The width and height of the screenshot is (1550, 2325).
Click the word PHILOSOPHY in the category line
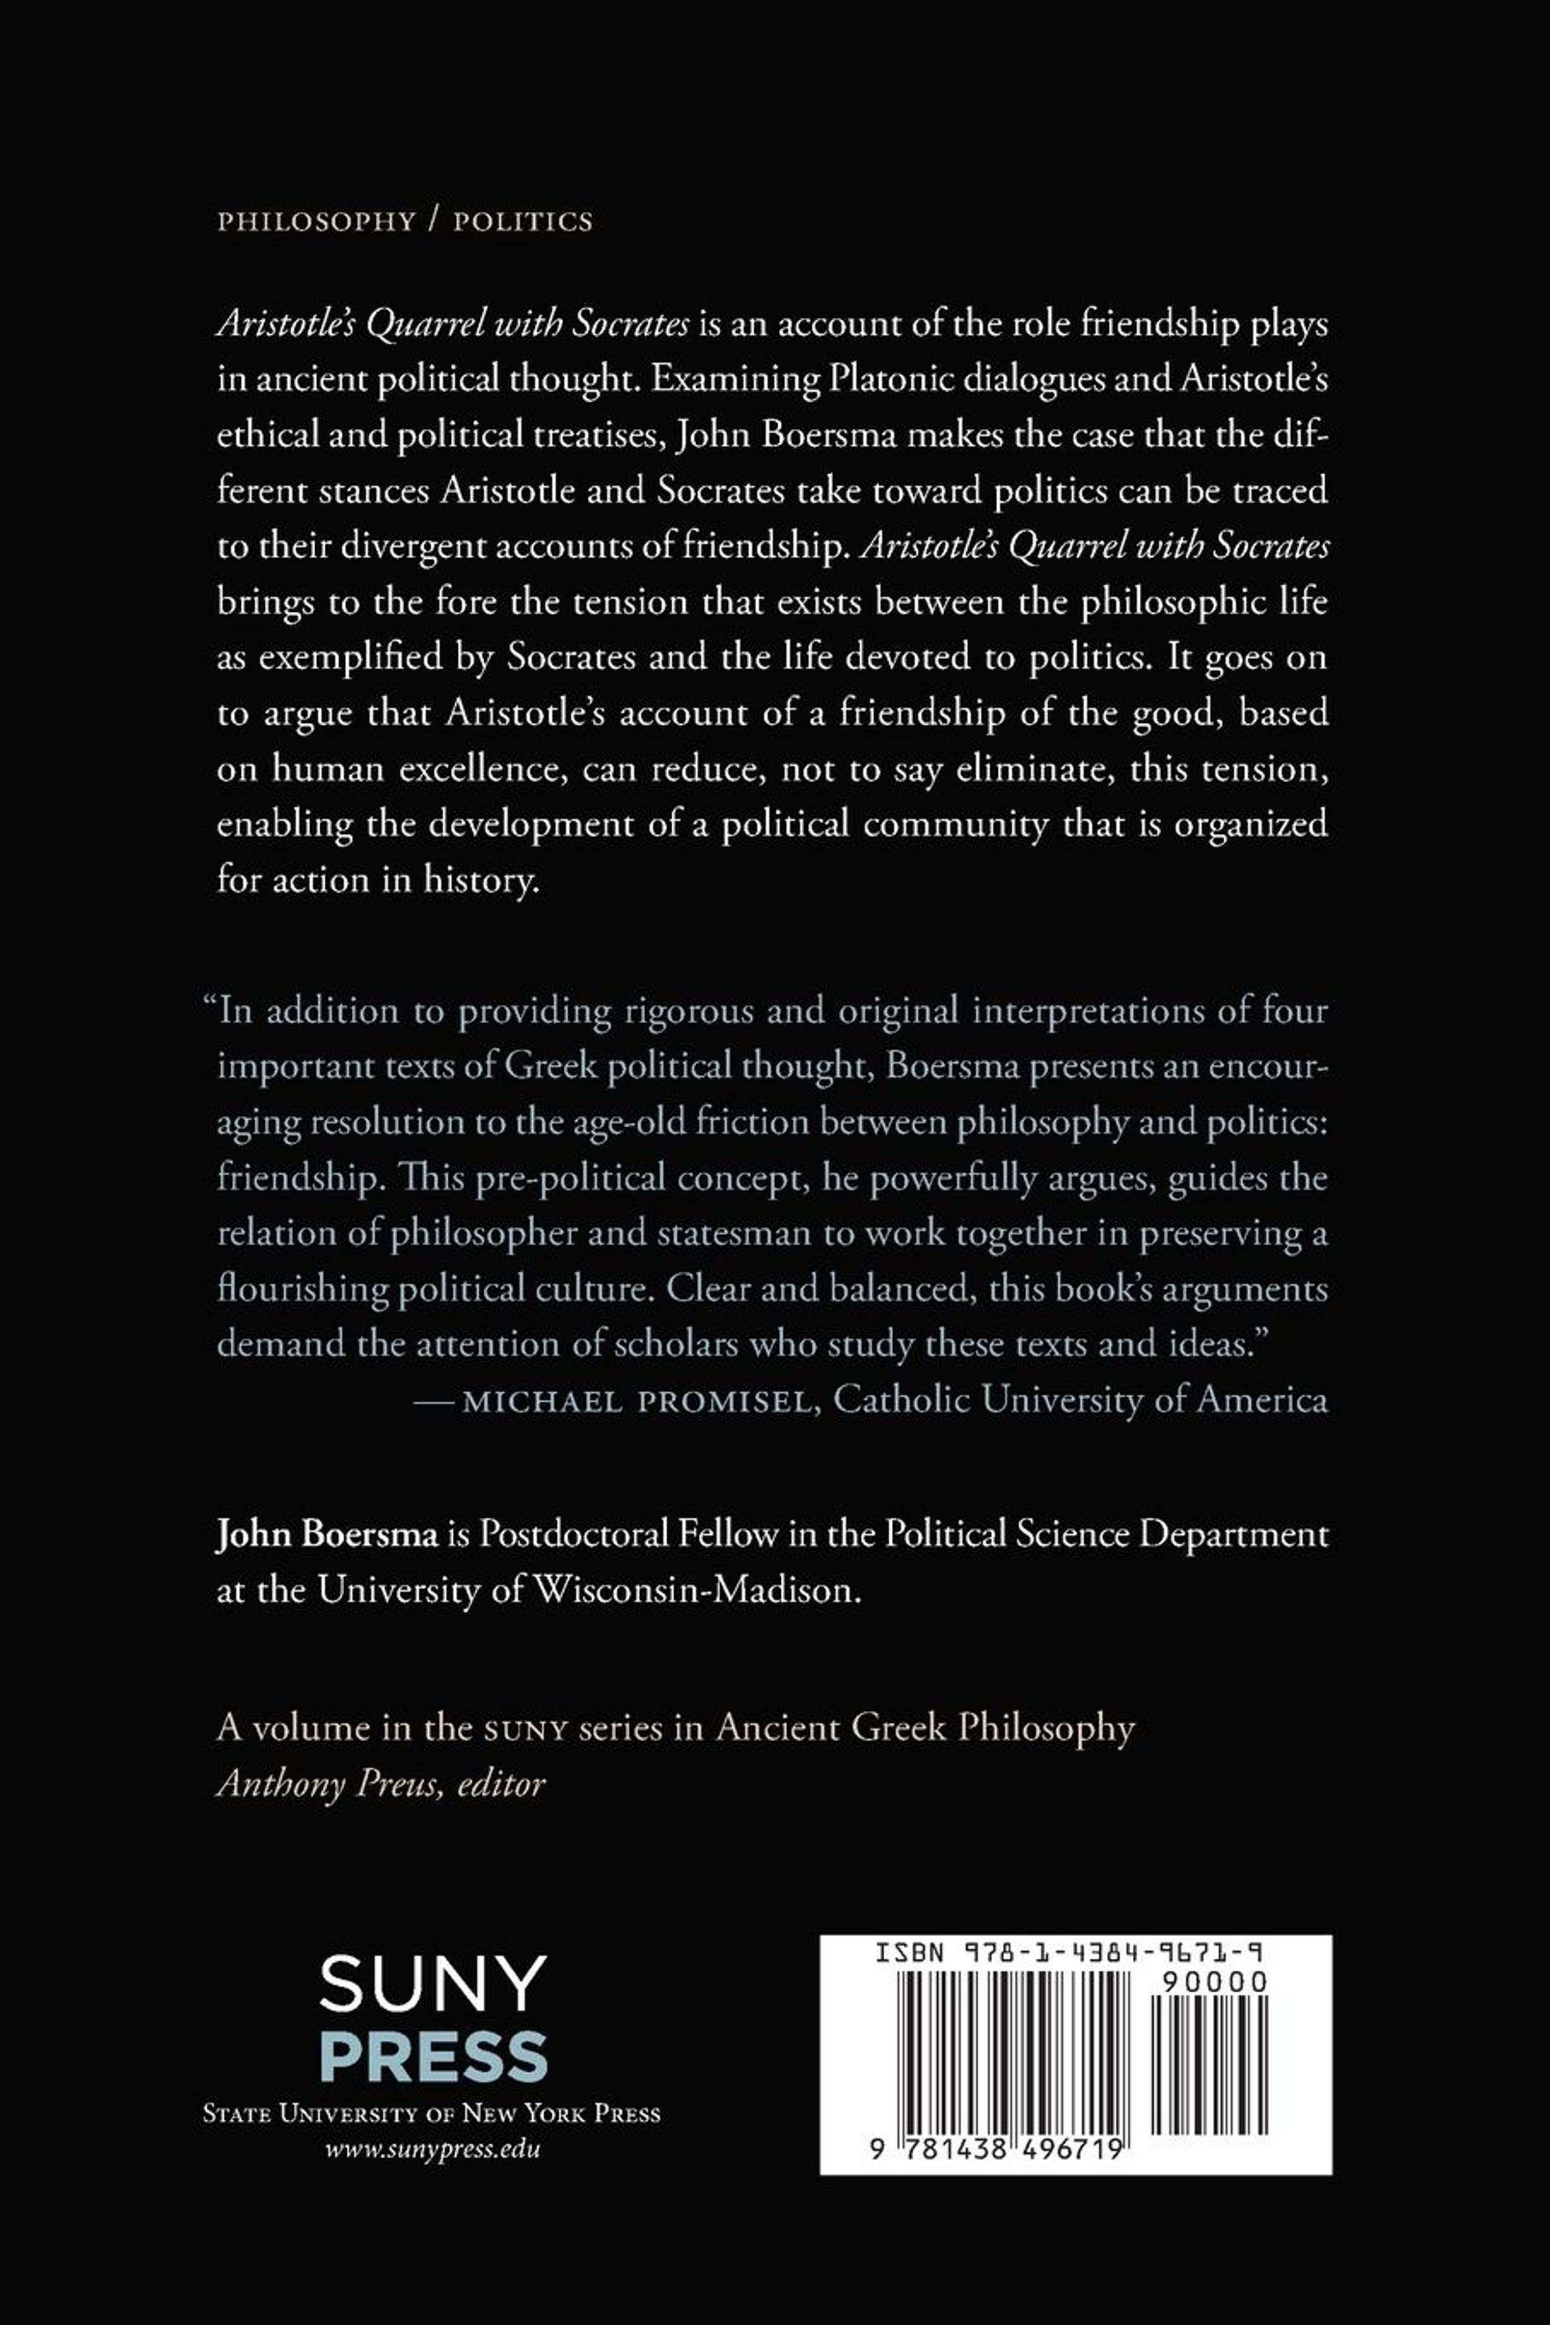coord(315,222)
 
